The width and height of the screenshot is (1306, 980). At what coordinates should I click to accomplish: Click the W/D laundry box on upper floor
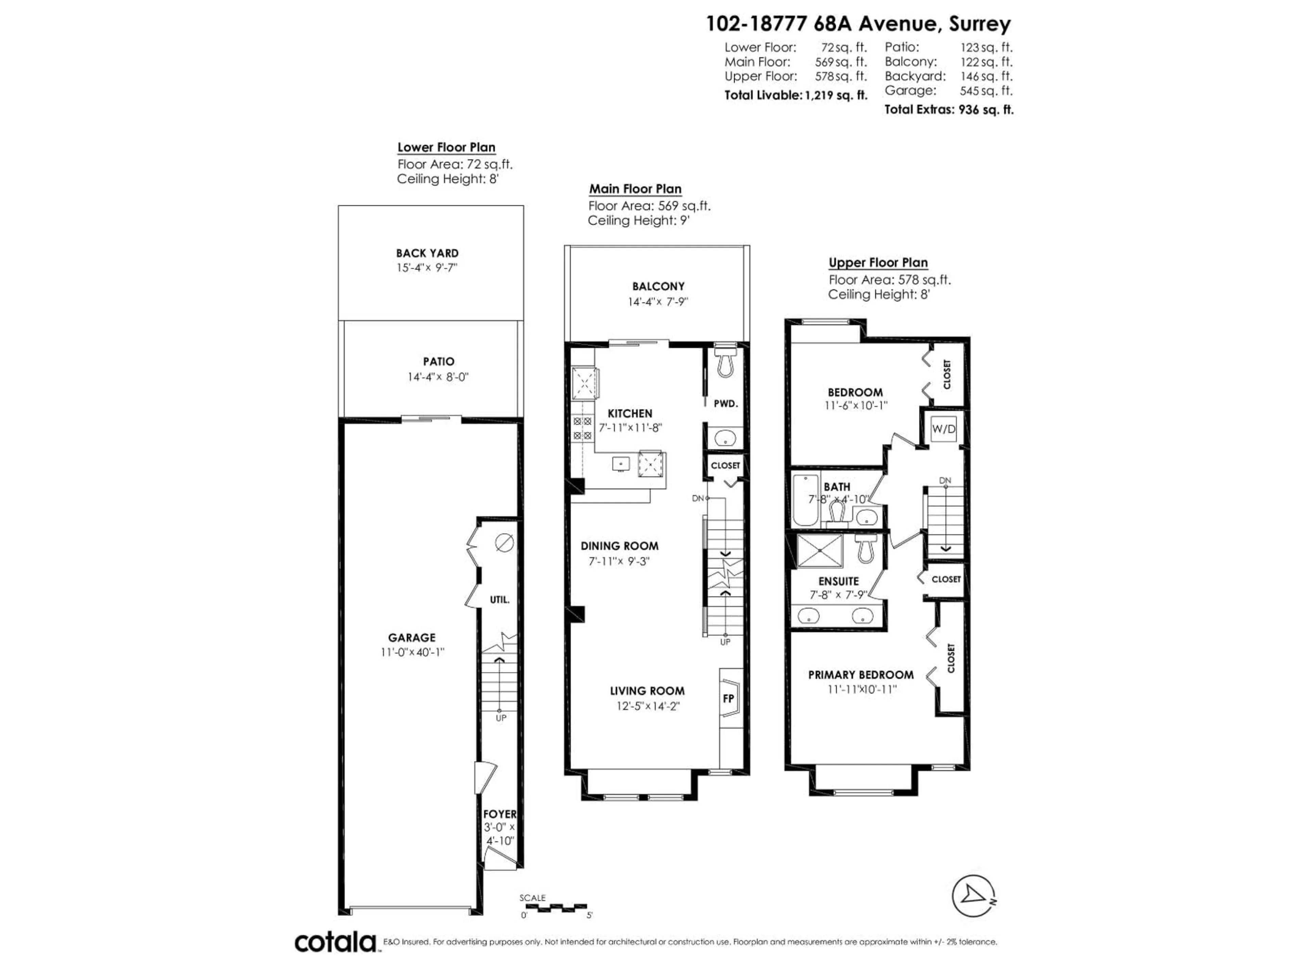[943, 429]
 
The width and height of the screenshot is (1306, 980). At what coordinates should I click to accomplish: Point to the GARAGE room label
[412, 637]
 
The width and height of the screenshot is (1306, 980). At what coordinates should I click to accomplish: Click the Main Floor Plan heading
[635, 189]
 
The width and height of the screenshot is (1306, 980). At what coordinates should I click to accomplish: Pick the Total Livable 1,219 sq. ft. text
[795, 95]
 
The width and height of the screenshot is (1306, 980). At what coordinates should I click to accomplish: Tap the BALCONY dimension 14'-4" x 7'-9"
[658, 301]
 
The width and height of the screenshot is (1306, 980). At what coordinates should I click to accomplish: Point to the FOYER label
[500, 814]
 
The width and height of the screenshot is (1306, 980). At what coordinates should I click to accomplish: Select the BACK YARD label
[427, 253]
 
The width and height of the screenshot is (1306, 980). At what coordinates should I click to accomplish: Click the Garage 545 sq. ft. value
[986, 91]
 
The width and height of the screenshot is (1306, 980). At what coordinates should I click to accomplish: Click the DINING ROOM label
[619, 546]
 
